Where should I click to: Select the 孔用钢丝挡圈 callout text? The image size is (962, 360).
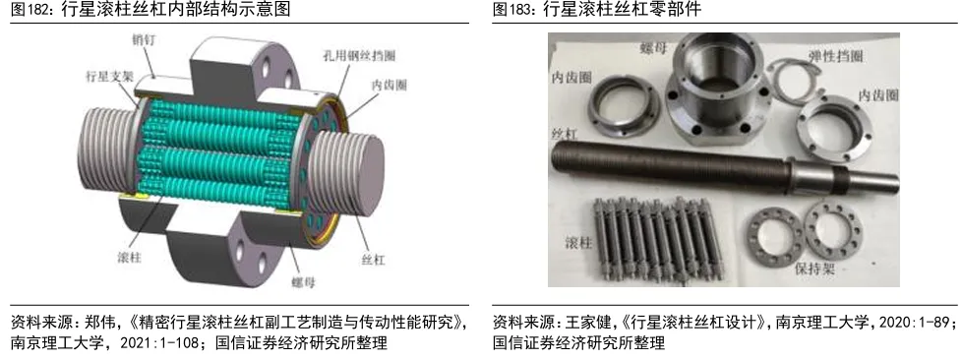pos(358,55)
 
